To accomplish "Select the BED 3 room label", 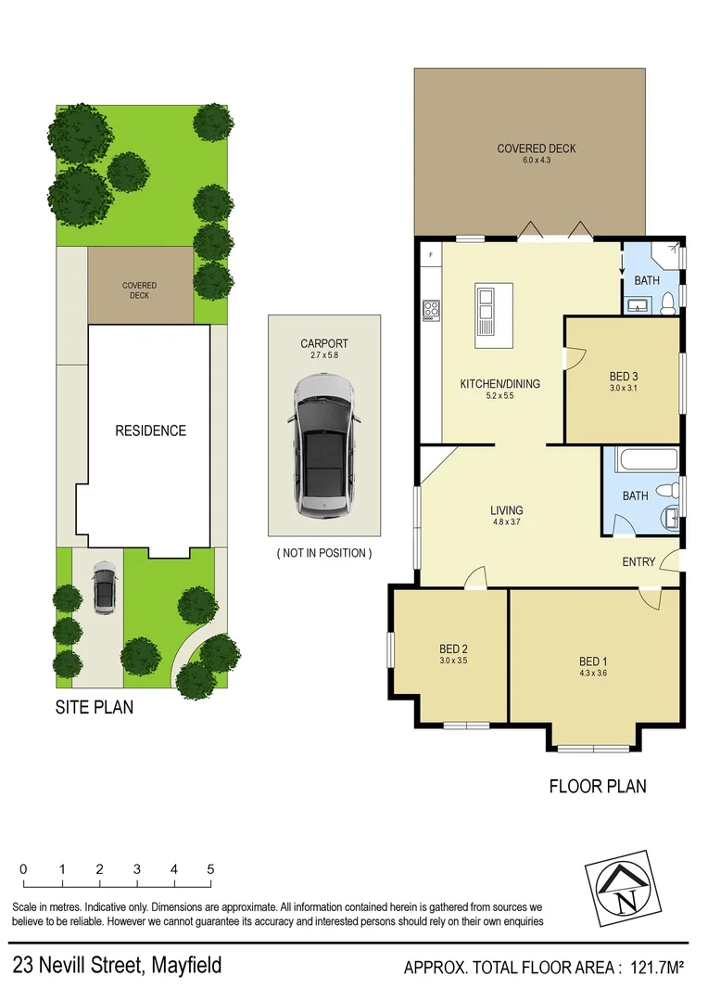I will tap(624, 376).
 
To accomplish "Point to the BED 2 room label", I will tap(452, 649).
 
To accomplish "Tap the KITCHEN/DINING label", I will tap(499, 383).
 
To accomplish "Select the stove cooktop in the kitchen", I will tap(431, 309).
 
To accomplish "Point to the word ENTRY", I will tap(638, 562).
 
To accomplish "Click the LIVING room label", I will tap(507, 510).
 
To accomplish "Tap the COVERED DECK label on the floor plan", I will tap(536, 148).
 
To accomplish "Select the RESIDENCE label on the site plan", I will tap(150, 430).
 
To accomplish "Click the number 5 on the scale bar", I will tap(211, 869).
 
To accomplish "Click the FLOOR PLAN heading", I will tap(598, 787).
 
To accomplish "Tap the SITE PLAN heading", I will tap(93, 707).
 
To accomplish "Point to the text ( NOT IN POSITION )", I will tap(324, 553).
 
